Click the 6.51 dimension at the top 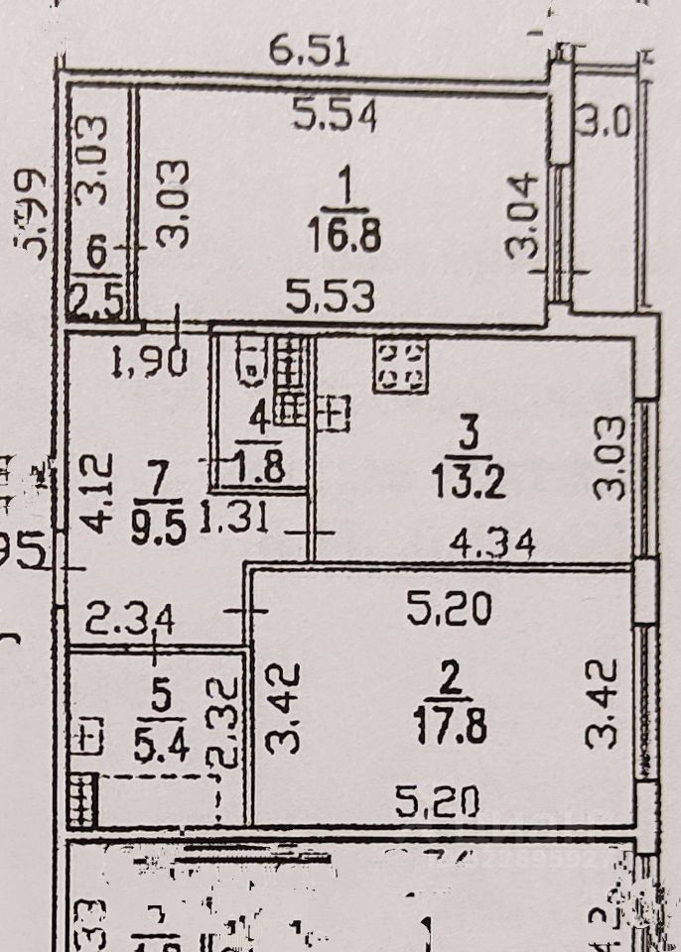(x=312, y=50)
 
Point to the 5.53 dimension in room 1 (x=331, y=296)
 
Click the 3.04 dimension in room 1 (x=523, y=217)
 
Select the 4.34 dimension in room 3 (x=493, y=543)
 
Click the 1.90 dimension (x=150, y=365)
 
